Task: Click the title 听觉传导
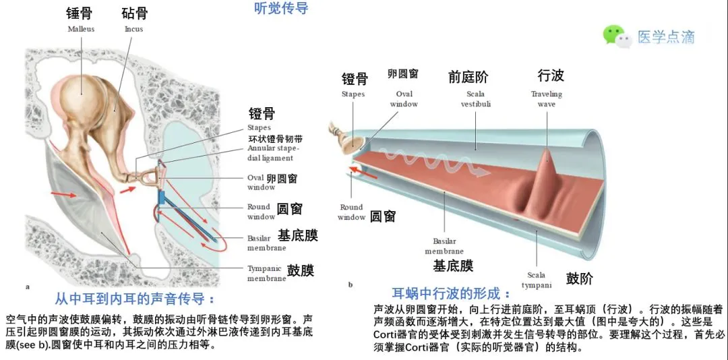coord(282,9)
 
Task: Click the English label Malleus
coord(81,29)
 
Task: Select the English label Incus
coord(133,29)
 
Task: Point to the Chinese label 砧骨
coord(135,13)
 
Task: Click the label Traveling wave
coord(546,99)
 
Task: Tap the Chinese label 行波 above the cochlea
coord(551,75)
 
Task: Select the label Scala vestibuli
coord(475,99)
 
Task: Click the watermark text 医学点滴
coord(666,36)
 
